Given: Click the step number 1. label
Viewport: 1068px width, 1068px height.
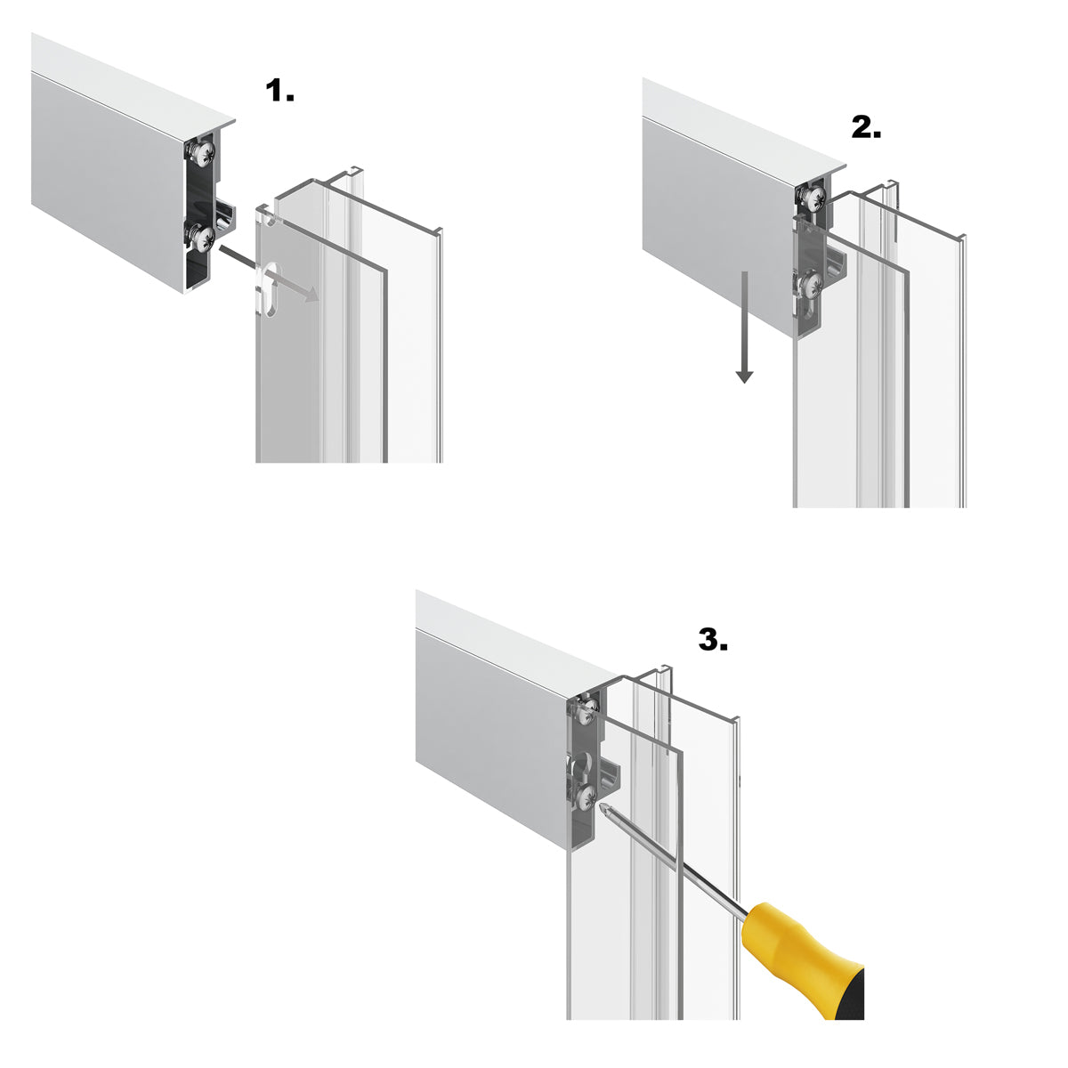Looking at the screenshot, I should point(280,91).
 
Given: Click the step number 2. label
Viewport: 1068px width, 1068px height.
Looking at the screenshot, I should point(866,128).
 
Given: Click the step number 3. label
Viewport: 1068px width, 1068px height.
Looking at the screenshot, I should point(713,639).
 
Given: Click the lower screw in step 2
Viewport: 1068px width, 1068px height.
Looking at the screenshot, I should point(809,285).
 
